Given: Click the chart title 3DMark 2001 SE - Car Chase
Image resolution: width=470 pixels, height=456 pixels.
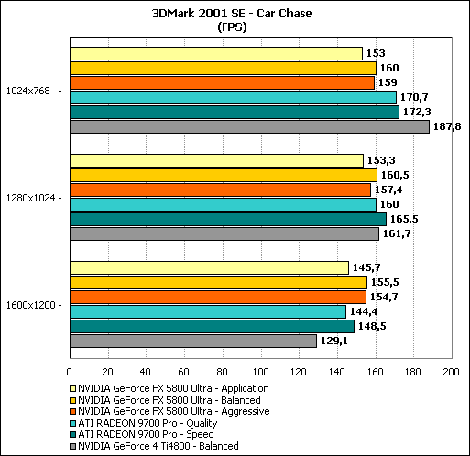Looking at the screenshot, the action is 232,14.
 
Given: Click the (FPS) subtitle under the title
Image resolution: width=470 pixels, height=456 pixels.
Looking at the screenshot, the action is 232,27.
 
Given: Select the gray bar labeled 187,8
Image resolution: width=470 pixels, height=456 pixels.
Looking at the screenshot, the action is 249,126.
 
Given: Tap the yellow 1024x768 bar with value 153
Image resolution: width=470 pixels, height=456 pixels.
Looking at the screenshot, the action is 216,53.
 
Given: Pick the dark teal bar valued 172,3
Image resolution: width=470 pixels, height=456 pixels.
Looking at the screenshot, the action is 235,112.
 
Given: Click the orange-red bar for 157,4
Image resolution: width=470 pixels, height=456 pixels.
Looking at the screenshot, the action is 221,190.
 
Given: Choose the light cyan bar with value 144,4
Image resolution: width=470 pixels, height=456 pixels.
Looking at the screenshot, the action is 208,311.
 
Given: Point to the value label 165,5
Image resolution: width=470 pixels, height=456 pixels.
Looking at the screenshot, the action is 404,219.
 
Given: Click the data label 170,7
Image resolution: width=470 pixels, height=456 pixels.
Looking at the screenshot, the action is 414,97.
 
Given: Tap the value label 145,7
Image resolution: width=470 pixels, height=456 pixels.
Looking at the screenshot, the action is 366,267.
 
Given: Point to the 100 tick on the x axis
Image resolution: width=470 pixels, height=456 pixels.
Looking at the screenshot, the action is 260,372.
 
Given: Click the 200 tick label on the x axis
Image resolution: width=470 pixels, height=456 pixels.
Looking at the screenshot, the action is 451,372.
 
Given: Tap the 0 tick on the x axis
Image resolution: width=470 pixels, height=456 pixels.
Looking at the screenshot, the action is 70,372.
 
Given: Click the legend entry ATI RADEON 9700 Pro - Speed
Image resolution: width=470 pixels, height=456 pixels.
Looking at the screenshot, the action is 142,434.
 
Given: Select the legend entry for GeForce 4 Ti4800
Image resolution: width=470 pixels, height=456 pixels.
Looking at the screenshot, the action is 154,446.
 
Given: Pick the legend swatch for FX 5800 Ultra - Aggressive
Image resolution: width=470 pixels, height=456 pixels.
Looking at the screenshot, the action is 72,412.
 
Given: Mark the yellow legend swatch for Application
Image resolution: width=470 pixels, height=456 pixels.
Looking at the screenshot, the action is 72,388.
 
